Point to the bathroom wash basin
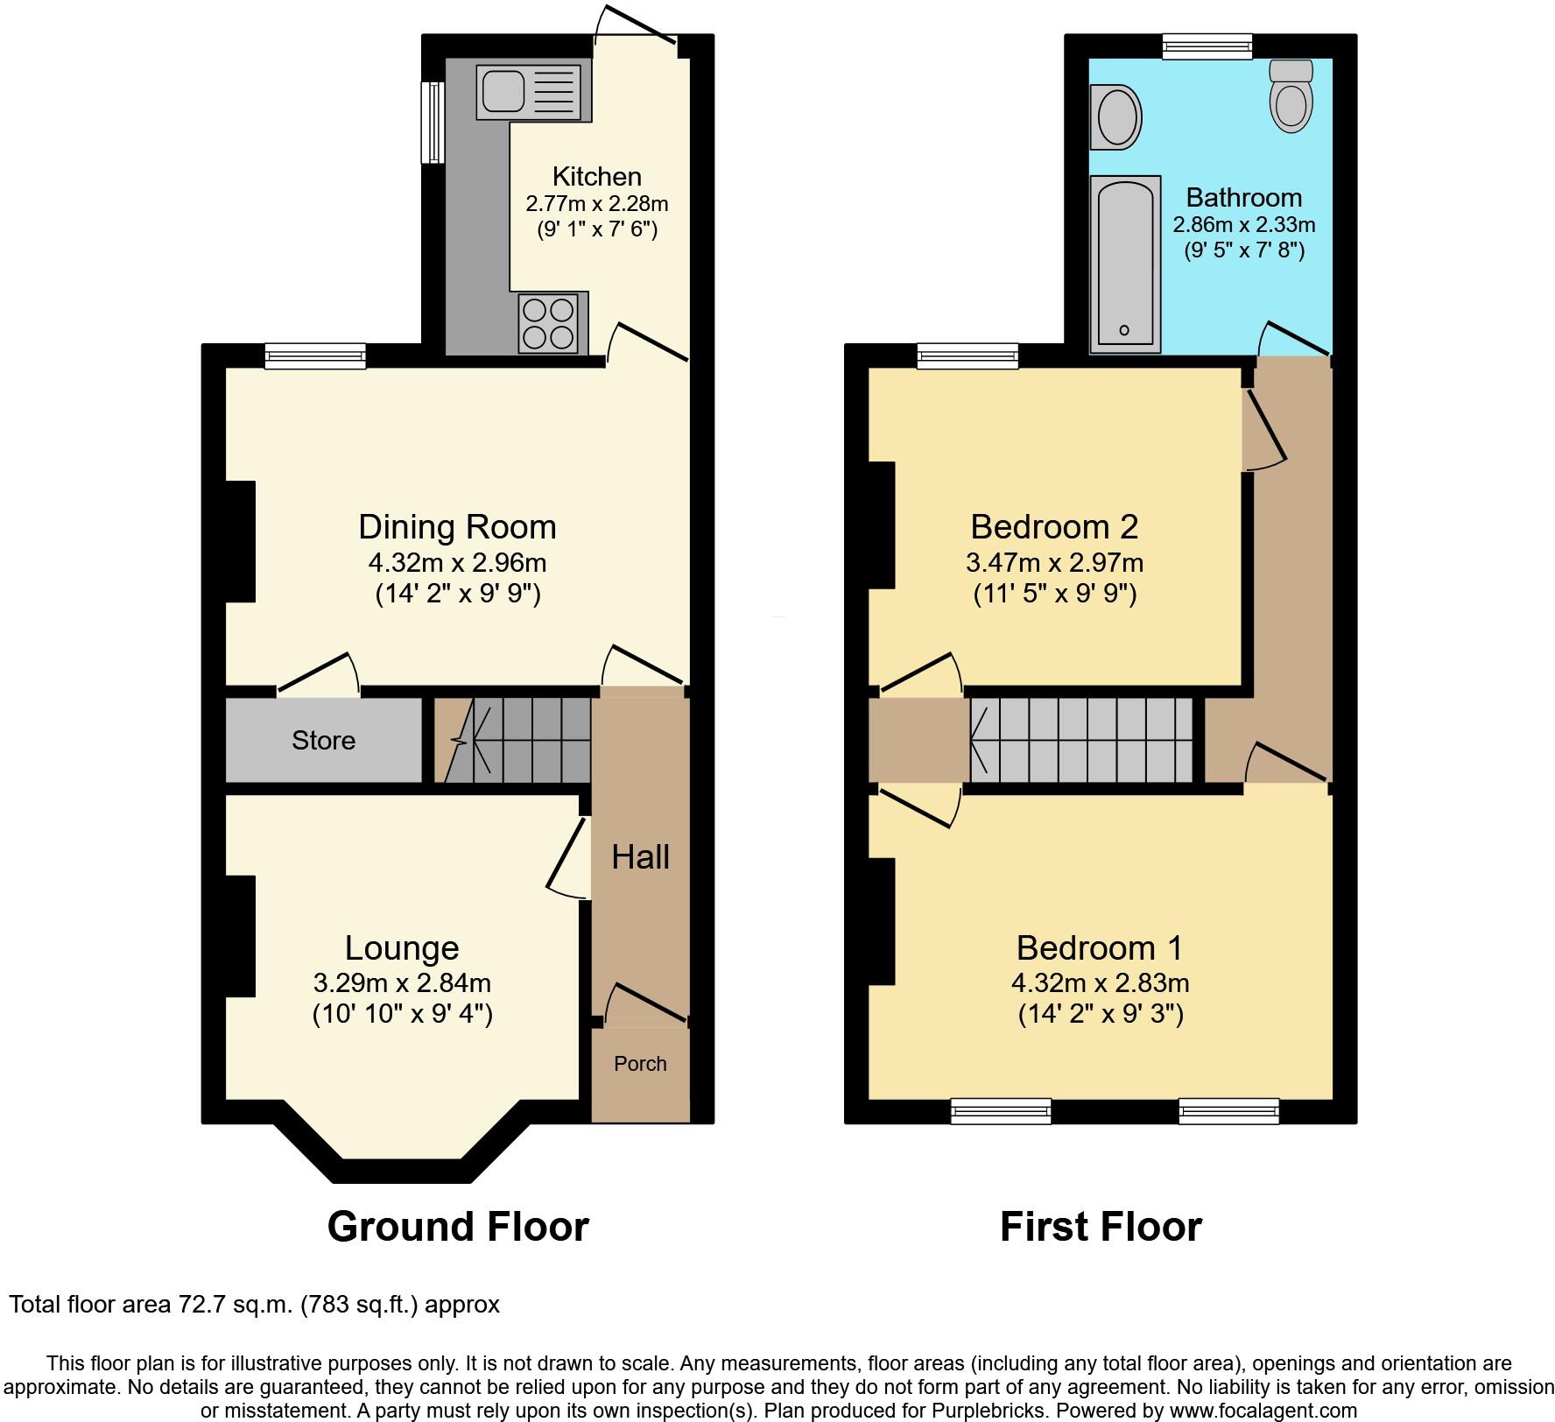tap(1115, 117)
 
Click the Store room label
tap(323, 741)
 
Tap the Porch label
tap(640, 1064)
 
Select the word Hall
tap(640, 857)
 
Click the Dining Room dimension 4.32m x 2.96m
tap(457, 562)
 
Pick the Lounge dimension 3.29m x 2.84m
tap(402, 982)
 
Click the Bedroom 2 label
tap(1054, 527)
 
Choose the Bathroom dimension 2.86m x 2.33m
tap(1243, 225)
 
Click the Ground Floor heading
tap(457, 1227)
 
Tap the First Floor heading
tap(1101, 1227)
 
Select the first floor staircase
tap(1082, 740)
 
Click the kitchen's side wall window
tap(432, 123)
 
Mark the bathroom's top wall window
tap(1207, 46)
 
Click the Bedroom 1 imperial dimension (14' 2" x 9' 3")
tap(1101, 1014)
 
